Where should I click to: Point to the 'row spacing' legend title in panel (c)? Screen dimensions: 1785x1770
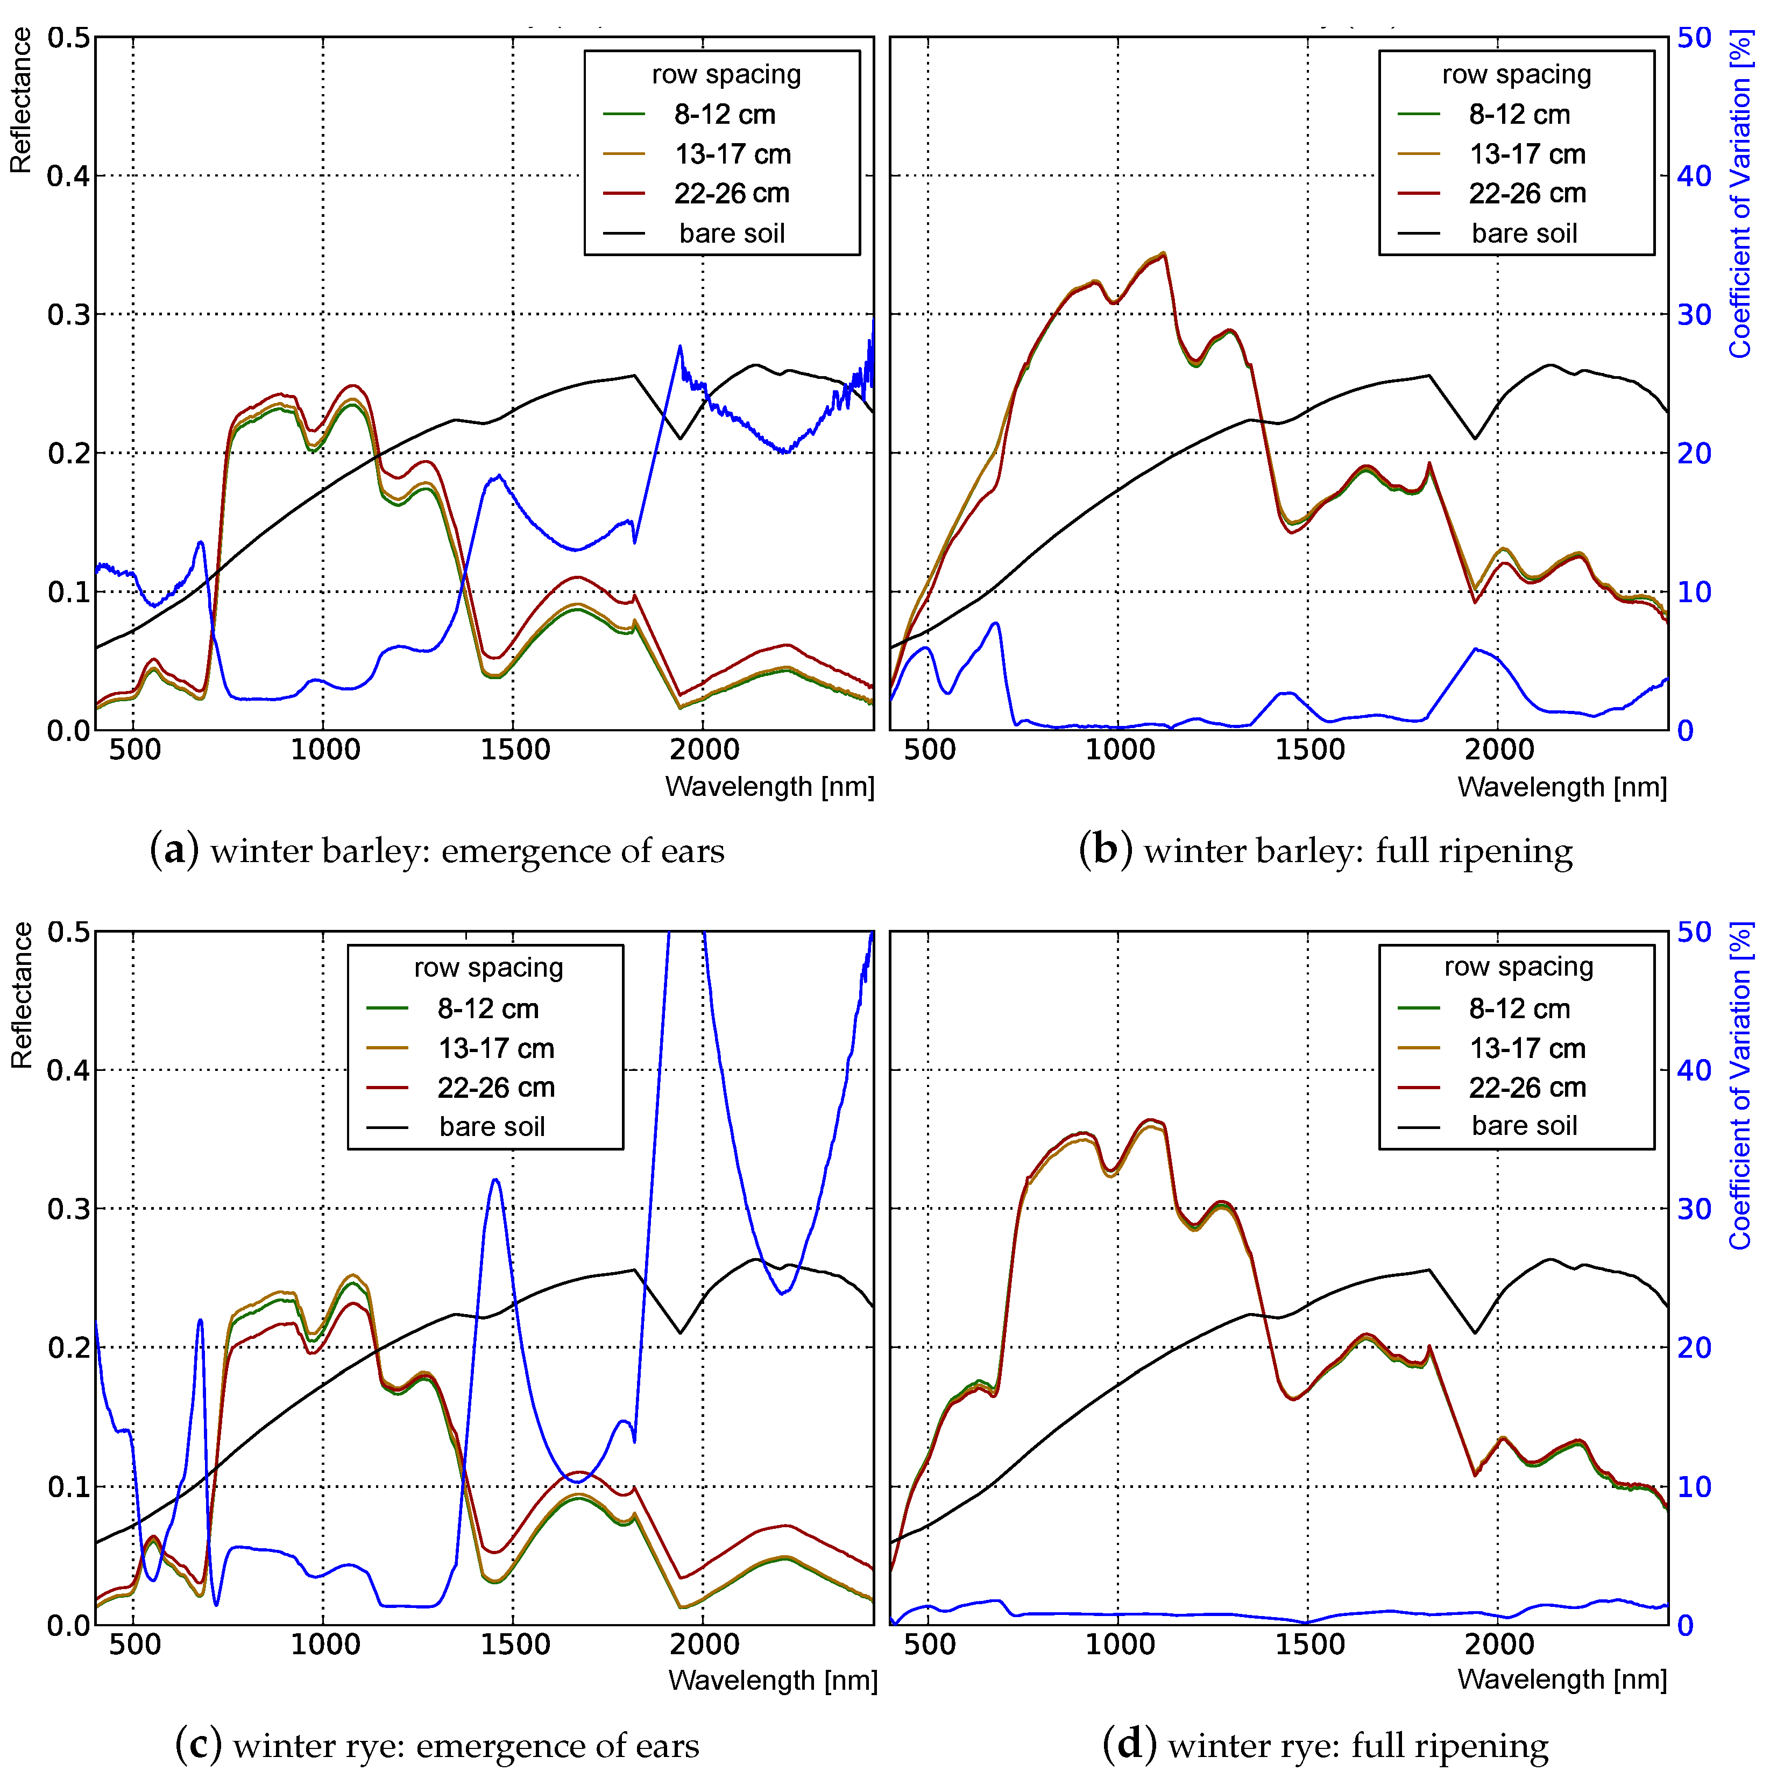pyautogui.click(x=488, y=968)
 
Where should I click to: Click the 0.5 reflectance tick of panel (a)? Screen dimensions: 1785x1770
pyautogui.click(x=68, y=39)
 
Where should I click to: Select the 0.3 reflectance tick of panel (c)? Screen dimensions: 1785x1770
pyautogui.click(x=68, y=1209)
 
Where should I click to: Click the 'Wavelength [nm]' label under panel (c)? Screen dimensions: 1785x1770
pyautogui.click(x=773, y=1680)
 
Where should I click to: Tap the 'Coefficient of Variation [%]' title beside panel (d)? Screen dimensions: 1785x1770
pyautogui.click(x=1740, y=1085)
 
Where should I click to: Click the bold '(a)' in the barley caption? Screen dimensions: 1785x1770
pyautogui.click(x=174, y=850)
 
